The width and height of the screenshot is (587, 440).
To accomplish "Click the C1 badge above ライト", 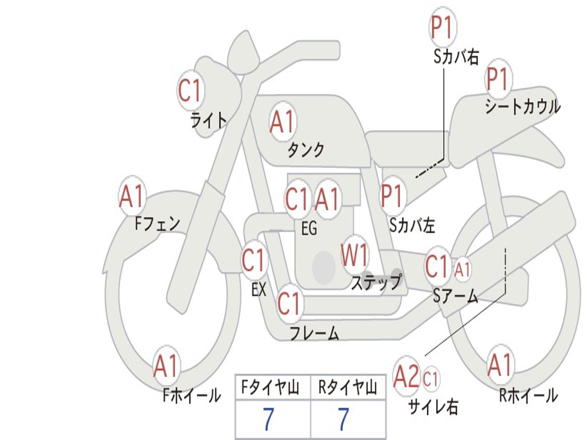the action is click(x=190, y=91).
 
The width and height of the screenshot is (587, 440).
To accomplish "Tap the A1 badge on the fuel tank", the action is click(x=282, y=122).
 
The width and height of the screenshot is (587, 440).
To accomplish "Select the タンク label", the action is click(x=306, y=150).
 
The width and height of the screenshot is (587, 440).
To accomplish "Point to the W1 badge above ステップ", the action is click(x=355, y=256).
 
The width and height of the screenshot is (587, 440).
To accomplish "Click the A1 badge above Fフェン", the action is click(x=132, y=197).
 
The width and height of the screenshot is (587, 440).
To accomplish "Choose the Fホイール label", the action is click(x=191, y=395).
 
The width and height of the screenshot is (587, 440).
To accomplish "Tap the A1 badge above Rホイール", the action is click(x=500, y=365).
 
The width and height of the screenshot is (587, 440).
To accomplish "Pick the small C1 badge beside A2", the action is click(x=431, y=379).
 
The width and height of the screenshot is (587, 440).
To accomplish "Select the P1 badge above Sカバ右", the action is click(x=442, y=28).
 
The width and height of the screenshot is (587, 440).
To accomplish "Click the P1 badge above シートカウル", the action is click(x=498, y=80).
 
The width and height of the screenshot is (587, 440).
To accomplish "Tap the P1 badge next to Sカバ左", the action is click(x=393, y=197).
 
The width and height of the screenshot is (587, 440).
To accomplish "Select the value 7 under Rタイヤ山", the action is click(x=343, y=420).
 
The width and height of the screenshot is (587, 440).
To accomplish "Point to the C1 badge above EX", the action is click(x=255, y=261).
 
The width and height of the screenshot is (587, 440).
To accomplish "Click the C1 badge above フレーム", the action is click(x=289, y=304).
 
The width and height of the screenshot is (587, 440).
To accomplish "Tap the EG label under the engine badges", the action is click(x=309, y=228).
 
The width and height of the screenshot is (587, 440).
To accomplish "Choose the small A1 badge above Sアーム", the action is click(x=463, y=268).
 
